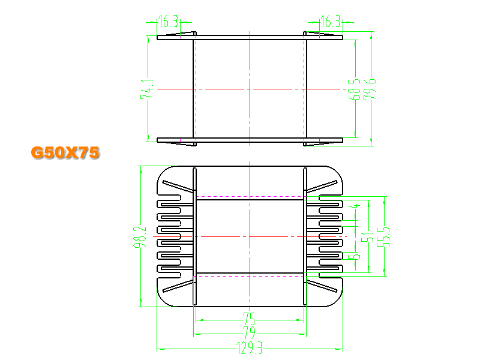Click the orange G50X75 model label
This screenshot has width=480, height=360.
pyautogui.click(x=65, y=152)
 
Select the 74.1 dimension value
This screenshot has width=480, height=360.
pyautogui.click(x=147, y=89)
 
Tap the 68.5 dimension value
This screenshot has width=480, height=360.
pyautogui.click(x=354, y=89)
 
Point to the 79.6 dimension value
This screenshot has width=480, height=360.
pyautogui.click(x=370, y=89)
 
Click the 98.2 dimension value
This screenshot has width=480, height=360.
pyautogui.click(x=140, y=236)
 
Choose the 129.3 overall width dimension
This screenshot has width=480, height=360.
pyautogui.click(x=249, y=348)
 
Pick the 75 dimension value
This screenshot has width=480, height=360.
pyautogui.click(x=249, y=319)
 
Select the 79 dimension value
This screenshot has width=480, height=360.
pyautogui.click(x=249, y=332)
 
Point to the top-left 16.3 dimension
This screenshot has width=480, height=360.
pyautogui.click(x=169, y=22)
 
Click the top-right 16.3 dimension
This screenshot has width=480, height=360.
pyautogui.click(x=331, y=22)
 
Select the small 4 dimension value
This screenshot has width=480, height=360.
pyautogui.click(x=355, y=206)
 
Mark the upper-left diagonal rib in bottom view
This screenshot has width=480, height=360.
pyautogui.click(x=178, y=186)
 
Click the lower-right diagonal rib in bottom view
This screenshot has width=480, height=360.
pyautogui.click(x=322, y=286)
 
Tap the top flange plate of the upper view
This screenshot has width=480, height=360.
pyautogui.click(x=250, y=38)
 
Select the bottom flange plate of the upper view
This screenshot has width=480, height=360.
pyautogui.click(x=250, y=140)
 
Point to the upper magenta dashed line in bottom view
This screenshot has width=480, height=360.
pyautogui.click(x=250, y=197)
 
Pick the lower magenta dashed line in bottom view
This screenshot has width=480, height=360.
pyautogui.click(x=250, y=276)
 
